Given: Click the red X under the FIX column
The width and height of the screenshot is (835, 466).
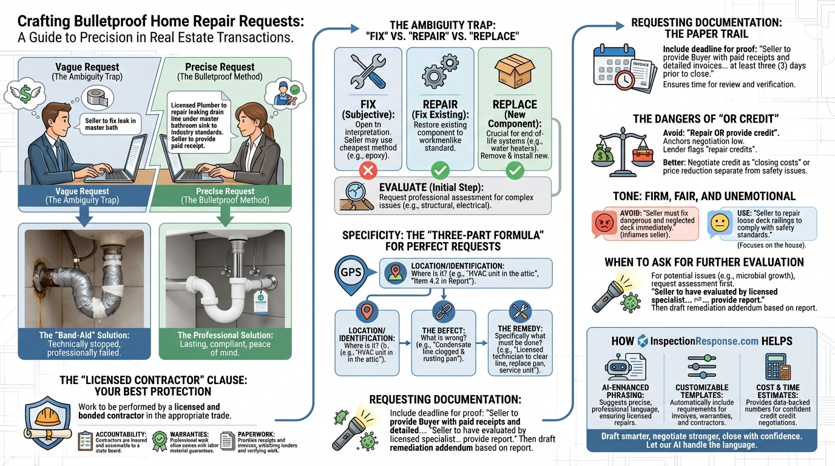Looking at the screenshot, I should coord(368,171).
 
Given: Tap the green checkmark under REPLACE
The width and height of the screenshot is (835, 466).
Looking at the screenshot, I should coord(515,171).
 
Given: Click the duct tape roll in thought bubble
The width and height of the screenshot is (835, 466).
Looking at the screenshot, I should coord(96,98).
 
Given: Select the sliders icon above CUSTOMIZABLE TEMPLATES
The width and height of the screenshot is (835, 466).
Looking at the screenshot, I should coord(701,366).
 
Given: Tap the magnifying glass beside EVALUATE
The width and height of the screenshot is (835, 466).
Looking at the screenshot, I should coord(356,195).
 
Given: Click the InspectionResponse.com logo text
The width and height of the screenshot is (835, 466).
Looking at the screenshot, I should coord(708,340).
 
